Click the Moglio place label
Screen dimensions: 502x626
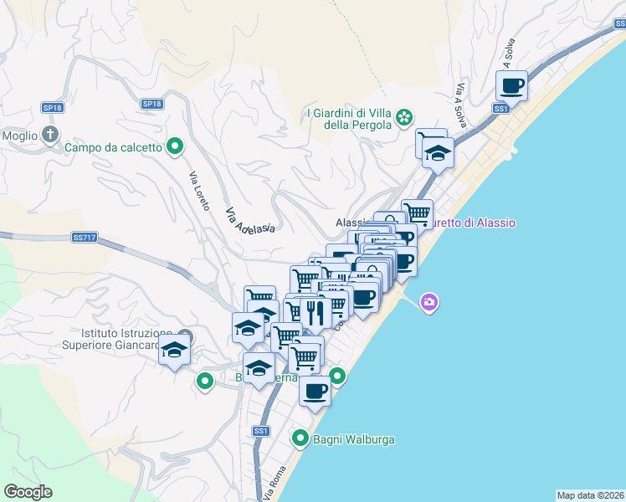(20, 136)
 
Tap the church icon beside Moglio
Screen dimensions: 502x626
(50, 134)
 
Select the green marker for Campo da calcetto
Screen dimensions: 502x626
(175, 147)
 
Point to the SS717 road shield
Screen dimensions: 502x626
(85, 238)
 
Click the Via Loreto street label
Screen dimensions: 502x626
(199, 191)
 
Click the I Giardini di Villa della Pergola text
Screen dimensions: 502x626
(350, 119)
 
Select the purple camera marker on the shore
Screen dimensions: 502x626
(429, 302)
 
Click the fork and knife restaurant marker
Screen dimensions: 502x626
(315, 314)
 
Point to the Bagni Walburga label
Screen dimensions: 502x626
(353, 438)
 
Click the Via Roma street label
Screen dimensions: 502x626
(274, 483)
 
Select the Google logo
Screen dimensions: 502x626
(28, 492)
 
